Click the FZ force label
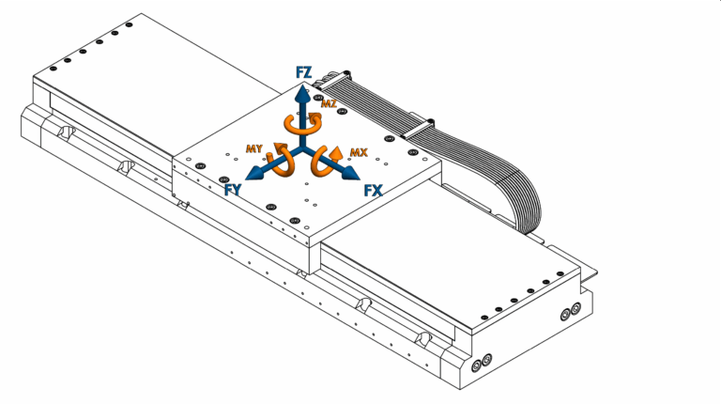304,71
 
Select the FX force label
374,190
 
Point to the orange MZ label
329,103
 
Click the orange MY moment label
253,148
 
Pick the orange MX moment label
358,151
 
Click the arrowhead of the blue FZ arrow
302,93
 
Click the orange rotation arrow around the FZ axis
302,126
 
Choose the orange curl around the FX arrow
328,161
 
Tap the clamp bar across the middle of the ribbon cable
421,122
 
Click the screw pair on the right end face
570,313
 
